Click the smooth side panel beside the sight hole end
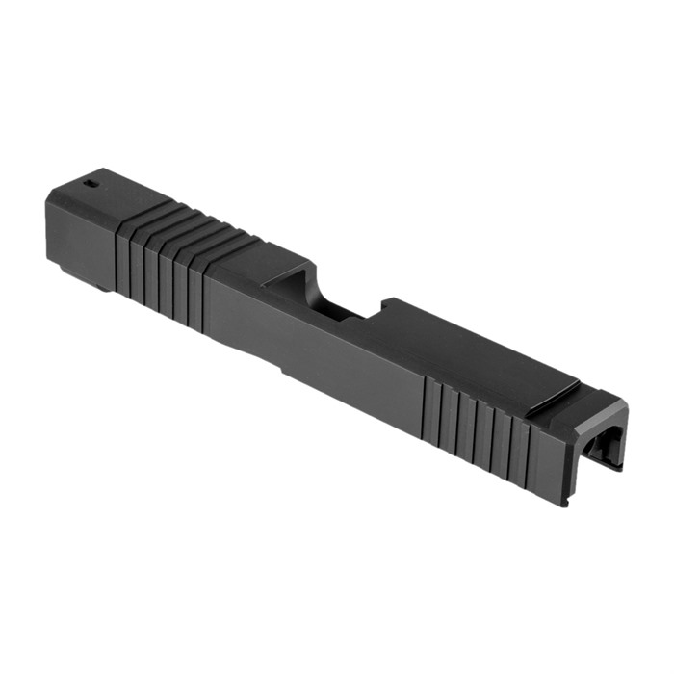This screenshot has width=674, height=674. (77, 226)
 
